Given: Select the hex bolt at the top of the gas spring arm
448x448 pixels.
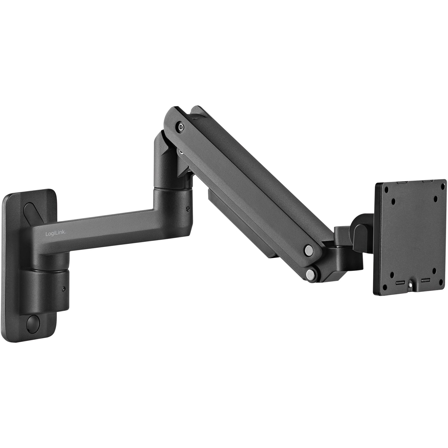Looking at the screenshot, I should click(180, 127).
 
